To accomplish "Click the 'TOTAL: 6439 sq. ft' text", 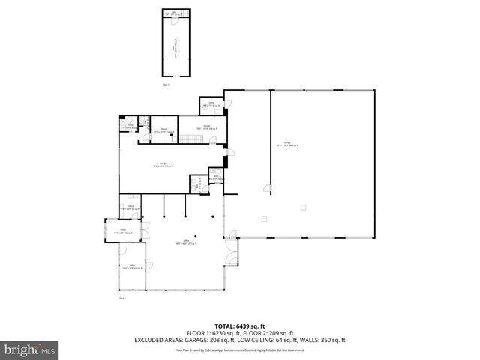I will tap(239, 325).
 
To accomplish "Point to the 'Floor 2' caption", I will tap(166, 84).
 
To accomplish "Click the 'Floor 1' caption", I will tap(121, 298).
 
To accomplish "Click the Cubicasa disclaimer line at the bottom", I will tap(239, 349).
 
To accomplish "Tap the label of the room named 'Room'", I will tap(163, 130).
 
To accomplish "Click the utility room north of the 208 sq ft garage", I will tap(212, 105).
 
